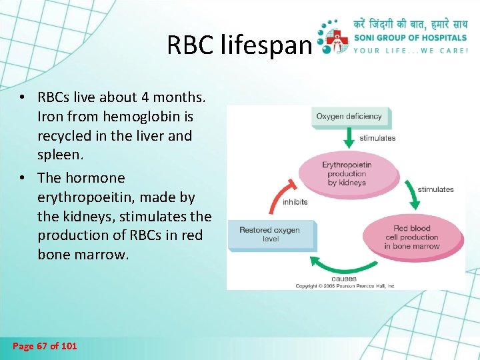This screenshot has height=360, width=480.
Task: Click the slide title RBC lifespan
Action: (x=239, y=45)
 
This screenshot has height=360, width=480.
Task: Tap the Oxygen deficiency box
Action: (x=349, y=117)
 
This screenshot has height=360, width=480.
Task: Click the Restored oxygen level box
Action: (x=269, y=234)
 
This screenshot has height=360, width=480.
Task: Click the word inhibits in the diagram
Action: (x=295, y=201)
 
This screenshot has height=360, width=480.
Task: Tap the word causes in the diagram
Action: (x=344, y=278)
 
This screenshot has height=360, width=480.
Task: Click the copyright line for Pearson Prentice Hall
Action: (x=345, y=286)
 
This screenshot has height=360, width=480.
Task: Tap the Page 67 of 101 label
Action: (x=45, y=346)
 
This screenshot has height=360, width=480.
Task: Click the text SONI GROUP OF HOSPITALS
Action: (x=411, y=39)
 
